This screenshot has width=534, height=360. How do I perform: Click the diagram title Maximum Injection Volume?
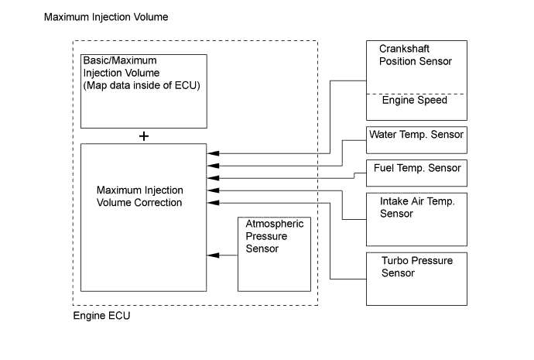click(106, 17)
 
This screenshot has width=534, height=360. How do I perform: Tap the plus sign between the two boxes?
click(144, 135)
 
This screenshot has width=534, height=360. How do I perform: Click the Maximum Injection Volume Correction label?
click(139, 197)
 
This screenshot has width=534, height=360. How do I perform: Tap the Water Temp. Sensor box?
click(416, 135)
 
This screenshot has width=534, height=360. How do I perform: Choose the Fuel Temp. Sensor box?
click(416, 169)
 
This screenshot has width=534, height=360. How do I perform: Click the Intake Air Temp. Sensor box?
click(416, 207)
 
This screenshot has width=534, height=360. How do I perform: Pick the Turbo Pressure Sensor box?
click(416, 267)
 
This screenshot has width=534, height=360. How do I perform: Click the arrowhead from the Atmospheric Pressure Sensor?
click(212, 255)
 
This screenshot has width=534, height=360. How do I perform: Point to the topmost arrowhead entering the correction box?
click(212, 153)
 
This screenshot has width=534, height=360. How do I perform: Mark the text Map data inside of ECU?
click(144, 84)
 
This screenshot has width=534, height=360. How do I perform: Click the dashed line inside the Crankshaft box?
click(416, 94)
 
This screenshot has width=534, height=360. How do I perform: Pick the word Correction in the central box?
click(155, 203)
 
